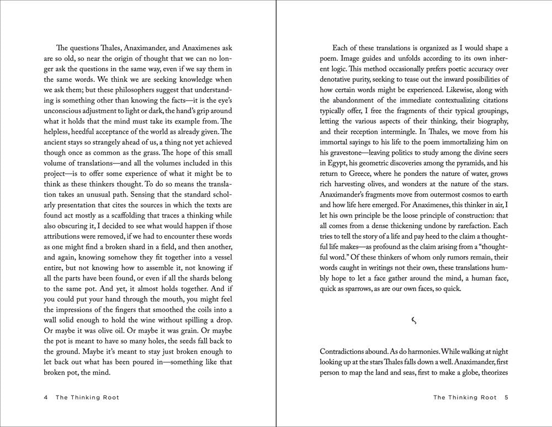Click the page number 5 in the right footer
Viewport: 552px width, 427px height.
pyautogui.click(x=506, y=397)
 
